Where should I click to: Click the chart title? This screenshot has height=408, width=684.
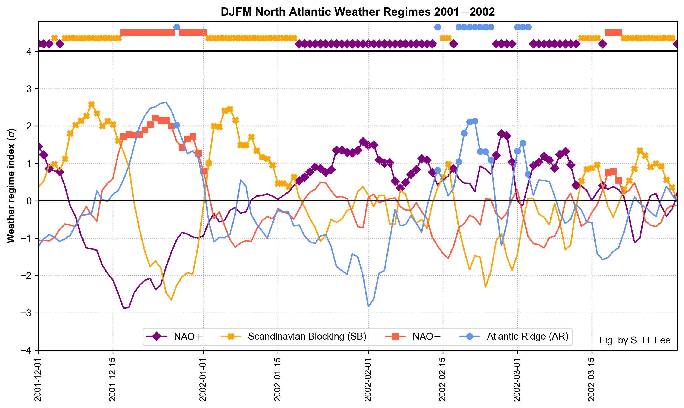tap(357, 12)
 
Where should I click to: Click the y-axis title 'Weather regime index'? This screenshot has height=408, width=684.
tap(11, 186)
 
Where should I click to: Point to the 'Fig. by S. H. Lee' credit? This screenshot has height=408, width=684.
tap(634, 340)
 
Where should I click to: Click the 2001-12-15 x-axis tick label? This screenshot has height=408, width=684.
tap(113, 379)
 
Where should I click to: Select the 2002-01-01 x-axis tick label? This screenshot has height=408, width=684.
tap(203, 379)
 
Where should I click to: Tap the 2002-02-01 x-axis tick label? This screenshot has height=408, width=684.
tap(368, 379)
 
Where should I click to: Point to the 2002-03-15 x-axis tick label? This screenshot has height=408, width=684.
tap(592, 379)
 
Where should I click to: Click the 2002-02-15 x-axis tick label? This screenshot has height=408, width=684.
tap(443, 379)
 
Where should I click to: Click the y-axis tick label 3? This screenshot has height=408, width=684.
tap(29, 89)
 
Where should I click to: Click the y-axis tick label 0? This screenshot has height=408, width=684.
tap(29, 201)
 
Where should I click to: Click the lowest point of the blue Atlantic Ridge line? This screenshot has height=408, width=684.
tap(368, 307)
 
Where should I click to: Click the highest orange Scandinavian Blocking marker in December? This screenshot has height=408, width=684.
tap(92, 104)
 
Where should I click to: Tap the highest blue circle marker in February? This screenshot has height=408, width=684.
tap(475, 121)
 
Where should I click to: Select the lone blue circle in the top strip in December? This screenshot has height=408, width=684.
tap(177, 27)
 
